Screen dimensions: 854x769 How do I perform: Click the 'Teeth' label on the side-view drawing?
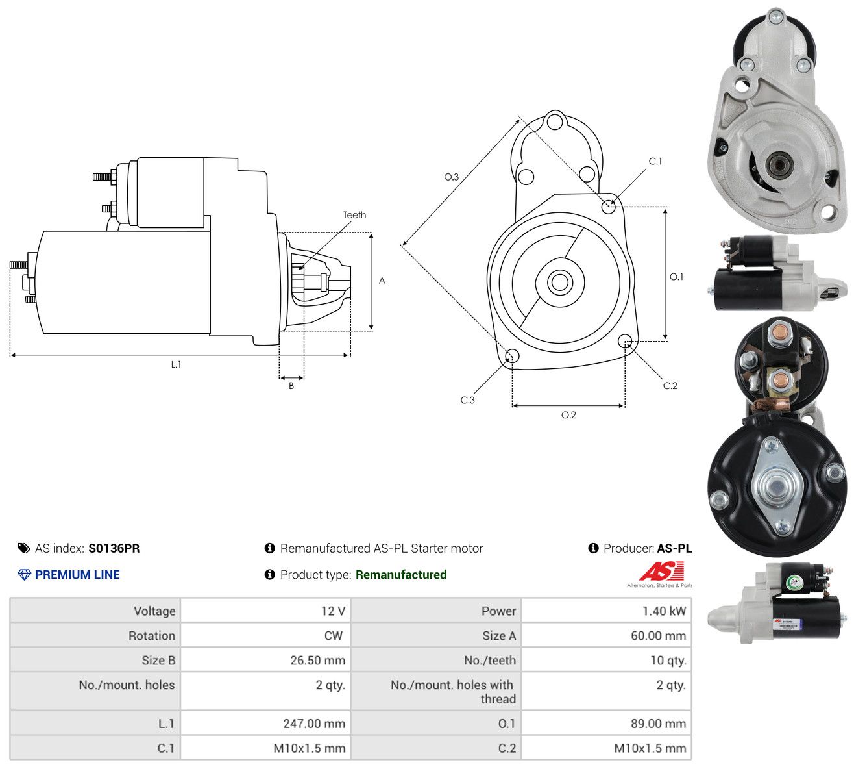point(354,215)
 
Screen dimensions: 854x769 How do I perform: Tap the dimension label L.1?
point(176,364)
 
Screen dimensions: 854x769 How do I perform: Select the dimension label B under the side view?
point(291,386)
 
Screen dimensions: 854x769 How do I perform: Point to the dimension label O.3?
point(451,177)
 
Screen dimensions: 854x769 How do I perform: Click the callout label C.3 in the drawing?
point(467,400)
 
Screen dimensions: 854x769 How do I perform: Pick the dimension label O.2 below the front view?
point(568,415)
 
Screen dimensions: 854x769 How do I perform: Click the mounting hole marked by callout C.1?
point(608,207)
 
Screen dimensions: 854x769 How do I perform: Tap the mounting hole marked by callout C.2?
point(624,340)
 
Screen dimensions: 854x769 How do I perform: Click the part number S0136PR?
point(114,548)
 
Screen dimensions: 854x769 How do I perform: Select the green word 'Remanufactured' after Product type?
point(401,575)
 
